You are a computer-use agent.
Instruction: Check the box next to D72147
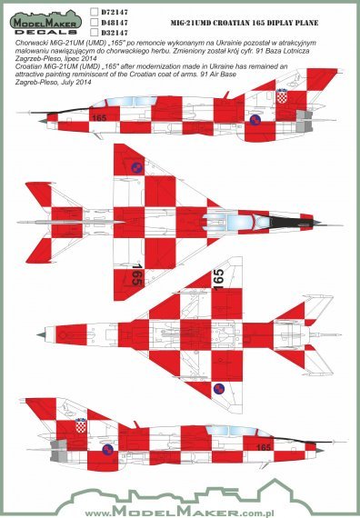(95, 13)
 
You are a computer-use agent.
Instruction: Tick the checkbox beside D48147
(95, 25)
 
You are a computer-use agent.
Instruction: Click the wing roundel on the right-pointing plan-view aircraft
(137, 168)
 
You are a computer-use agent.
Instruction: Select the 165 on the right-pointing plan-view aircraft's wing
(135, 276)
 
